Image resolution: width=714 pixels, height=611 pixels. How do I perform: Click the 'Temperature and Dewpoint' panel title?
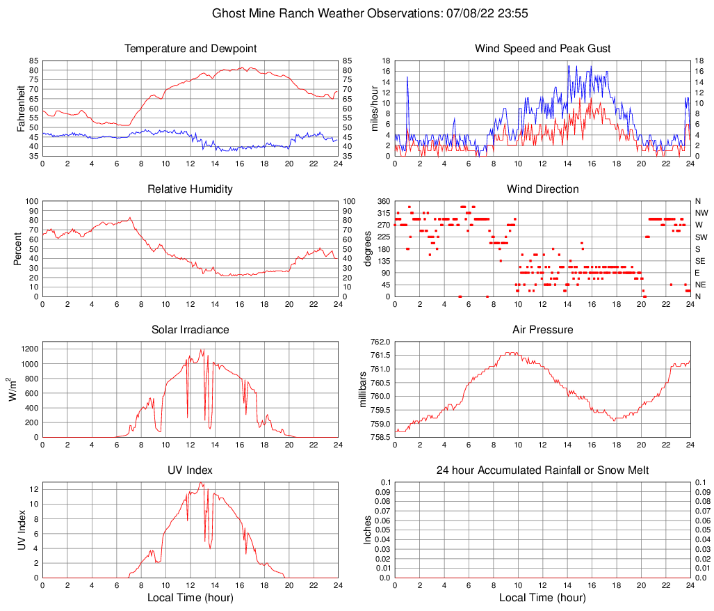click(190, 49)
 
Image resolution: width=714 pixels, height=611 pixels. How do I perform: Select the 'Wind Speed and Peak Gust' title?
click(542, 49)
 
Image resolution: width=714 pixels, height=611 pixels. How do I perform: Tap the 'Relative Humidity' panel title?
click(190, 189)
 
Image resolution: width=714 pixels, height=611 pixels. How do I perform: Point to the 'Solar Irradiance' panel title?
click(190, 330)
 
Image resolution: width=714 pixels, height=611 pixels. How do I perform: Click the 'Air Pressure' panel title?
click(542, 330)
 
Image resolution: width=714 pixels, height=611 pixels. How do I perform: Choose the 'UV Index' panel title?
click(190, 470)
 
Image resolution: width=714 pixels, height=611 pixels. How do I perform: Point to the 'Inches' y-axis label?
click(368, 530)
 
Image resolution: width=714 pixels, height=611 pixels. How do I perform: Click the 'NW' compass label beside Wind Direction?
click(701, 213)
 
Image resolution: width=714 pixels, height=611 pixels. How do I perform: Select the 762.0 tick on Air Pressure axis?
click(380, 342)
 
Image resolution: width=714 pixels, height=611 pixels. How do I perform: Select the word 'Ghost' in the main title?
click(228, 13)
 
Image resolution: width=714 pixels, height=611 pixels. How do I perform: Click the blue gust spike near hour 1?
click(407, 77)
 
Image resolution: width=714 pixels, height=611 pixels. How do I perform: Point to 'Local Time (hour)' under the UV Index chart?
click(190, 598)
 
